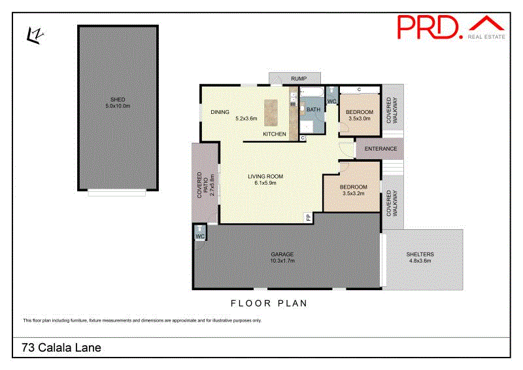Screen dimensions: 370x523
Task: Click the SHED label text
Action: click(117, 100)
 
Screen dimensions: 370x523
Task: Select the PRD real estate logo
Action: click(451, 27)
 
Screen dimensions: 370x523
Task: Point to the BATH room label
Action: click(313, 110)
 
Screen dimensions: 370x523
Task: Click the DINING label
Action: click(220, 112)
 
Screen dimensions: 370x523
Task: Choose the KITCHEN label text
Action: click(275, 134)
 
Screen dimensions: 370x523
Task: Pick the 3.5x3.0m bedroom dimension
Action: click(360, 119)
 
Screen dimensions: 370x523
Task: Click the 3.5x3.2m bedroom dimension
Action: click(354, 194)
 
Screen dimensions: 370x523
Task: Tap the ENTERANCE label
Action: click(380, 149)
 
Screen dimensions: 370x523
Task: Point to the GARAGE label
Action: click(283, 254)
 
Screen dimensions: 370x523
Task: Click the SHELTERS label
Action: click(420, 254)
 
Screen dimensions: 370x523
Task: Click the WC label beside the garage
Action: click(200, 236)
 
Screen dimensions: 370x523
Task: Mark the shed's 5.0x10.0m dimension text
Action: click(117, 106)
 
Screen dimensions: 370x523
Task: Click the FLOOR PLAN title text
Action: click(269, 303)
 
